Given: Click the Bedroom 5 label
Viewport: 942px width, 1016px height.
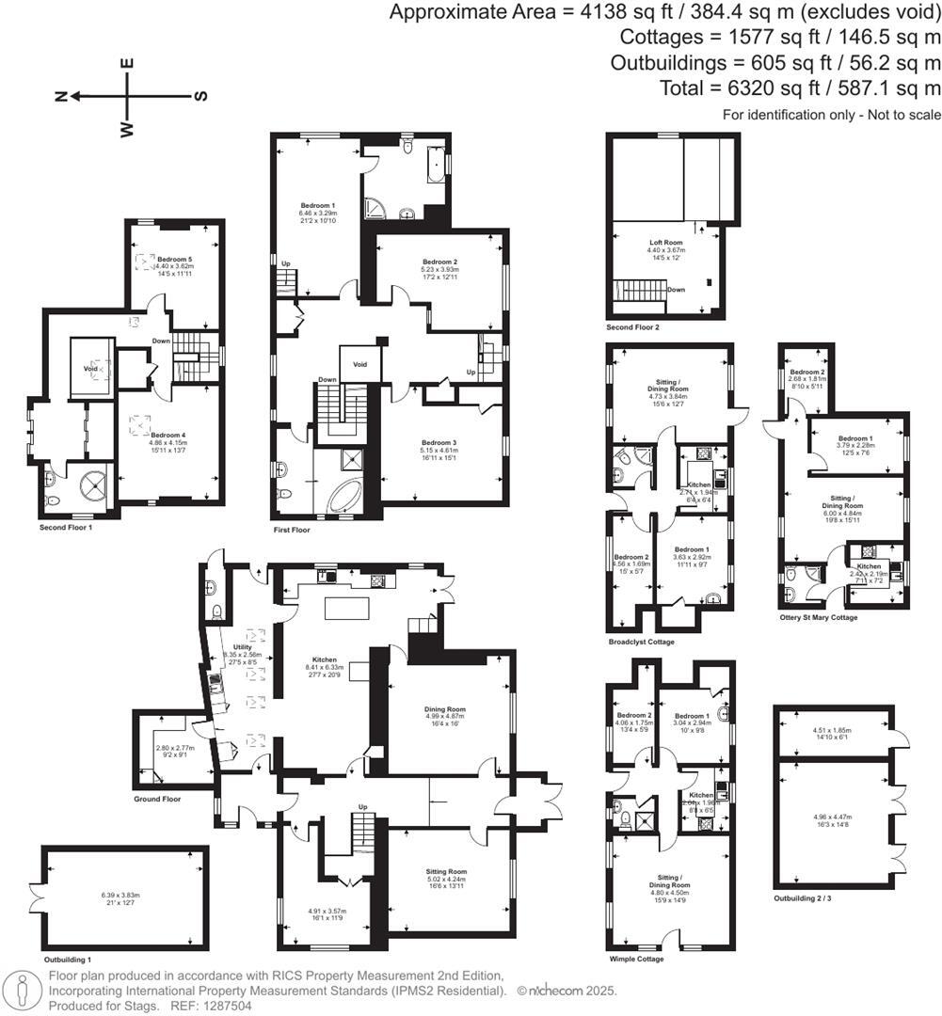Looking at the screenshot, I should click(x=175, y=259).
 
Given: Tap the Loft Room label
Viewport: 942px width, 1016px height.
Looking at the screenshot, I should click(x=666, y=242).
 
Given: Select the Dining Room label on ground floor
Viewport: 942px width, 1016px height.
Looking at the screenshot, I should click(x=445, y=709).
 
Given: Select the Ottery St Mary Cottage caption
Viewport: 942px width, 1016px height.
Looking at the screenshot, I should click(x=818, y=617).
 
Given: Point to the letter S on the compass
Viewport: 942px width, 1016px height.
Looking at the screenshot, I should click(x=200, y=96).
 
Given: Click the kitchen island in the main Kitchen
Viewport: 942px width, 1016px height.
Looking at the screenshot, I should click(x=343, y=608).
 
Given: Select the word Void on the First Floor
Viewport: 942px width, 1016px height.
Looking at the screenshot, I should click(x=359, y=364).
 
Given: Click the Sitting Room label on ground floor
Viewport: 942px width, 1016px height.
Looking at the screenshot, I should click(x=445, y=872).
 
